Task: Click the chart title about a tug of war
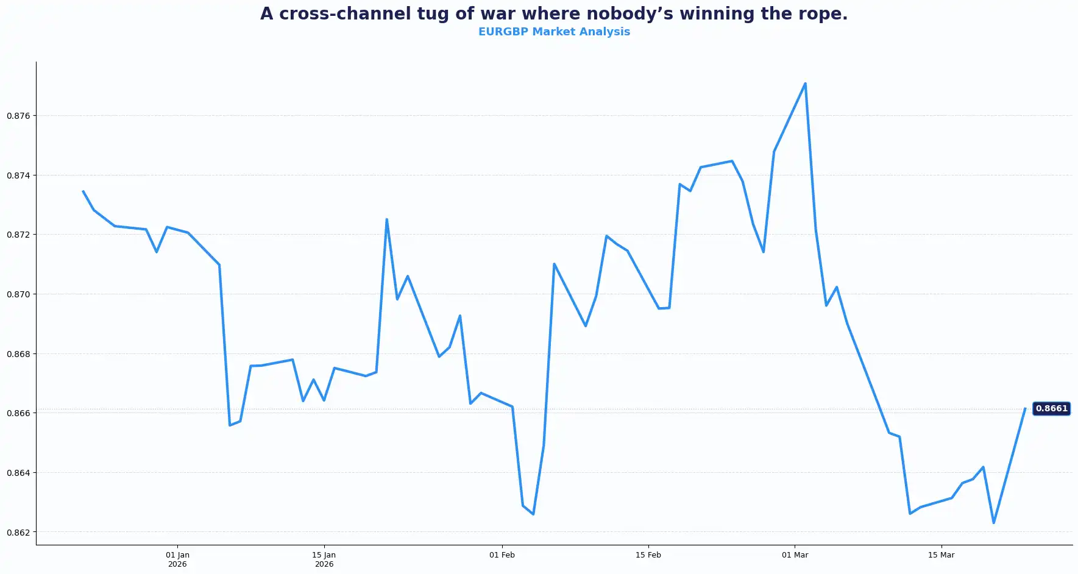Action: [x=553, y=14]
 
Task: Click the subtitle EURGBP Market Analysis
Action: [x=553, y=32]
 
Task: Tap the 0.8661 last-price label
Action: [x=1051, y=408]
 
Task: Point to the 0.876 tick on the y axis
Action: [x=18, y=116]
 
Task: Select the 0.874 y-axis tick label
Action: [x=18, y=175]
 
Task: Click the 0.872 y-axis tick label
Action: [x=18, y=235]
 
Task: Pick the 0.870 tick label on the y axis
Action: [x=18, y=294]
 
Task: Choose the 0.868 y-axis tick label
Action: [x=18, y=354]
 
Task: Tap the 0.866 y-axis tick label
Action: [x=18, y=413]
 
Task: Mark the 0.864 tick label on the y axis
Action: [x=18, y=473]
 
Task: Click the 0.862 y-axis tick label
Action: [x=18, y=533]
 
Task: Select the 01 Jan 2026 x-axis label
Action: [x=177, y=559]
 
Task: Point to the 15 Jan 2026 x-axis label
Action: [x=324, y=559]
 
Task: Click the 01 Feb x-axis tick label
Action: [x=502, y=555]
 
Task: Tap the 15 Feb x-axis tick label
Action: [x=648, y=555]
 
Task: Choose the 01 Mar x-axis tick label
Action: [x=795, y=555]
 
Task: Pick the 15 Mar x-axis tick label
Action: [x=941, y=555]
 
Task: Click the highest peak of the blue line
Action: [x=805, y=83]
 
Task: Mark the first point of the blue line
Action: [x=83, y=191]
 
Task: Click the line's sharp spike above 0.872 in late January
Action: [x=386, y=219]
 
